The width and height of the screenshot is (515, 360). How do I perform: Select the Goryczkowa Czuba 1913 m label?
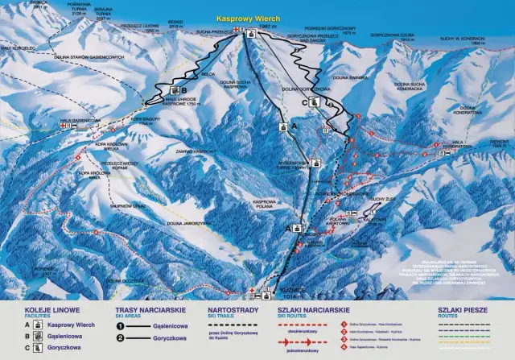pyautogui.click(x=392, y=35)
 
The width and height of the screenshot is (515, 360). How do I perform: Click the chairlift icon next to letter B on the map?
pyautogui.click(x=172, y=90)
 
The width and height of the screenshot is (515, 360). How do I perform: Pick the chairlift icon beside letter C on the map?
pyautogui.click(x=315, y=102)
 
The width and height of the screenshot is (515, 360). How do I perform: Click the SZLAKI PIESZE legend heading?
pyautogui.click(x=463, y=309)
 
